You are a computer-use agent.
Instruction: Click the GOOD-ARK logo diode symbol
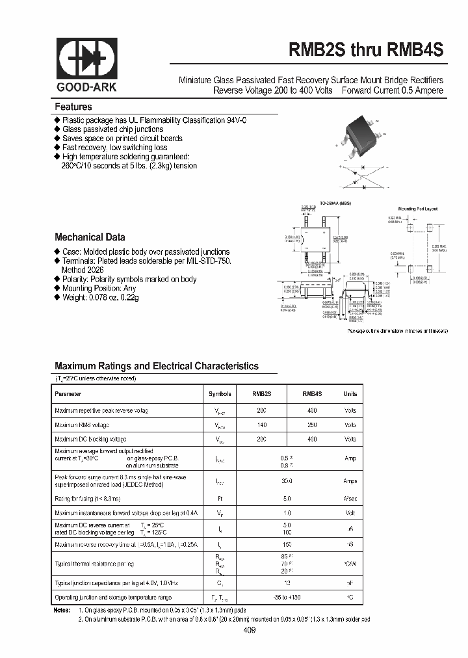86,60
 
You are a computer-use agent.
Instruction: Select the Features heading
73,107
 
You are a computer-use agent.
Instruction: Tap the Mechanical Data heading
90,237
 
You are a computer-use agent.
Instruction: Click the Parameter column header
68,394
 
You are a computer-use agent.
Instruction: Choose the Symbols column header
220,394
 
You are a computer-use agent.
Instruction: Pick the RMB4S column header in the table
312,394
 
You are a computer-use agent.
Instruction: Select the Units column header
350,394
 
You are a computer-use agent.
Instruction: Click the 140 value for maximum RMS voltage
261,425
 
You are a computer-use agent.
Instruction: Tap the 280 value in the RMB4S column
312,425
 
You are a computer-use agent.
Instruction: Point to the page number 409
250,630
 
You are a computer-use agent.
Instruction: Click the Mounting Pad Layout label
418,209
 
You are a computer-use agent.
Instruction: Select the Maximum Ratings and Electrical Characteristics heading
157,366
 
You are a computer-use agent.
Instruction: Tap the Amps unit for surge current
350,482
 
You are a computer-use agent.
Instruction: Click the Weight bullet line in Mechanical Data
100,297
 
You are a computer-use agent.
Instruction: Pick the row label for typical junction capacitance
116,583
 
